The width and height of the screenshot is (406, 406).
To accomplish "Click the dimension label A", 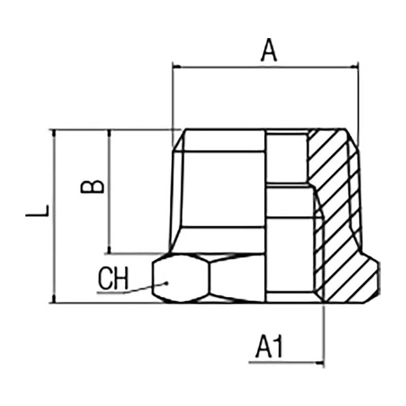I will pyautogui.click(x=269, y=51).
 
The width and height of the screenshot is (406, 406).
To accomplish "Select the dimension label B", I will pyautogui.click(x=93, y=185).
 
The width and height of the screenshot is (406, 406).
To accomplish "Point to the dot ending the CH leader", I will pyautogui.click(x=165, y=283).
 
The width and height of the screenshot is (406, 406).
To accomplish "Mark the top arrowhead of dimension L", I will pyautogui.click(x=53, y=133).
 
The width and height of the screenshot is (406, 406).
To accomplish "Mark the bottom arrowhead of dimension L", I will pyautogui.click(x=53, y=299).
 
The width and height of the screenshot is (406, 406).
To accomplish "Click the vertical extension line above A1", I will pyautogui.click(x=324, y=330).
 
